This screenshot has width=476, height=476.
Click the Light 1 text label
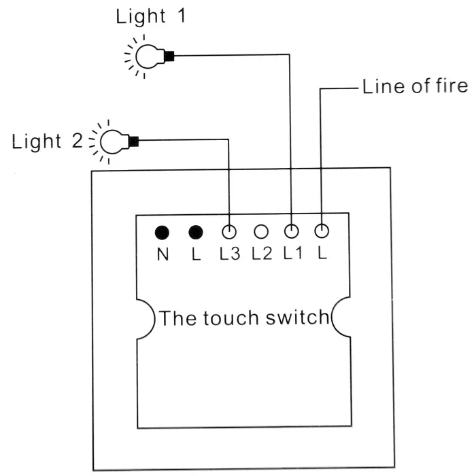click(x=151, y=17)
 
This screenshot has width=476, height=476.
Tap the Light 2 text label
click(x=47, y=141)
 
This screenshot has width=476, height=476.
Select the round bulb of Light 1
click(x=150, y=56)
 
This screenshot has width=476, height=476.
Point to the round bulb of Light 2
click(x=114, y=141)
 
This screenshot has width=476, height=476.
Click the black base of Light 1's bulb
click(x=169, y=56)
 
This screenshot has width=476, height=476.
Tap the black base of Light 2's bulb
click(x=134, y=141)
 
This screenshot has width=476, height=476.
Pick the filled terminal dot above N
click(x=162, y=233)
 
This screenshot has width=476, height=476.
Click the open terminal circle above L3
click(x=229, y=232)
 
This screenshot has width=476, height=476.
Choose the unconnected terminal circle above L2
click(x=261, y=232)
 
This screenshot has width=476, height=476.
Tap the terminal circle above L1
click(x=292, y=231)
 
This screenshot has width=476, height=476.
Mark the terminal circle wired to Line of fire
click(x=322, y=231)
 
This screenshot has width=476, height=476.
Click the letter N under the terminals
click(x=163, y=254)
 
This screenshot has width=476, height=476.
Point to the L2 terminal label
click(x=262, y=254)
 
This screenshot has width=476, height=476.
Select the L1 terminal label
click(x=293, y=253)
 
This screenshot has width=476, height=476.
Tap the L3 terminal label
click(x=230, y=254)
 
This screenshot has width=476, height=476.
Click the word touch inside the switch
click(x=231, y=318)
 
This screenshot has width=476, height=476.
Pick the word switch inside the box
click(x=298, y=318)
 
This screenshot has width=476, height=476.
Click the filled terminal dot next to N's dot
click(x=196, y=233)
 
